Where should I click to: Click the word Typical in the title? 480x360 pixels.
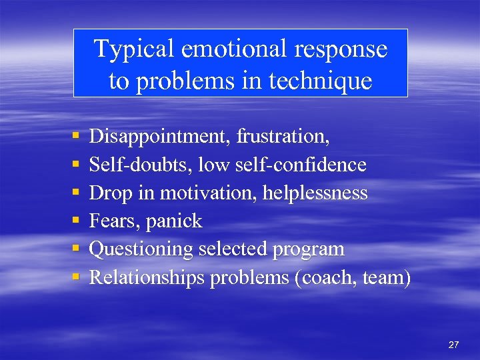[133, 49]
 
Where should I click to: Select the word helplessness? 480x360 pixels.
[315, 193]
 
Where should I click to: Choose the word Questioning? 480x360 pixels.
[141, 249]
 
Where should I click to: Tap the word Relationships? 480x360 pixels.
[147, 277]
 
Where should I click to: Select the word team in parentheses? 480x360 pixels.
[385, 277]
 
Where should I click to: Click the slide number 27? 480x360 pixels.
[453, 345]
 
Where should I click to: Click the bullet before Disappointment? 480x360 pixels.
[75, 137]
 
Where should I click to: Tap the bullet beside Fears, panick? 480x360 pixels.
[75, 221]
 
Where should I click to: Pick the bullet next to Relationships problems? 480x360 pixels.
[75, 277]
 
